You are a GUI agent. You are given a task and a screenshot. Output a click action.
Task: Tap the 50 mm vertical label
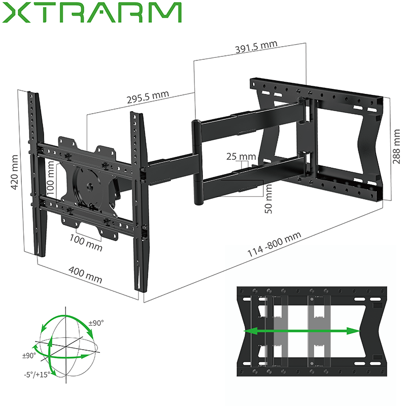269,198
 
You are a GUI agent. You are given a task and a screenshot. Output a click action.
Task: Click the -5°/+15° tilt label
37,375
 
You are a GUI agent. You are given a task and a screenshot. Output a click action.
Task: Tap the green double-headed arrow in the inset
302,331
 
